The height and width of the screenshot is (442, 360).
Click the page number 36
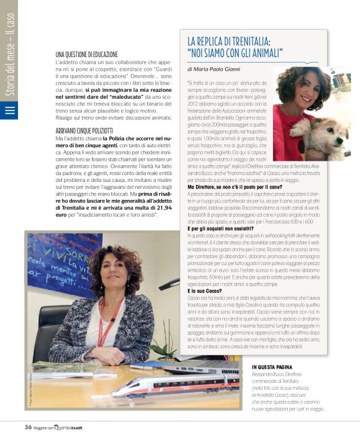(x=28, y=426)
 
